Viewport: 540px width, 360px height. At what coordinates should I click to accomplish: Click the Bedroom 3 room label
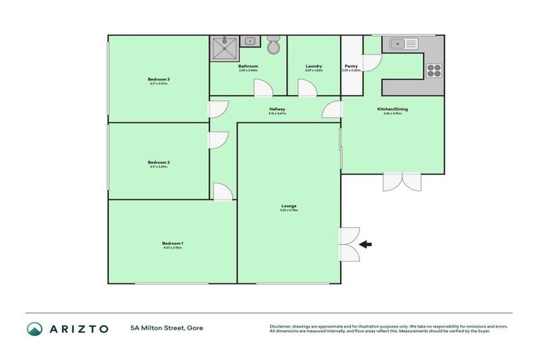point(159,79)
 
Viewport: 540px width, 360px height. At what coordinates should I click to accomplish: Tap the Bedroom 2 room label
point(159,162)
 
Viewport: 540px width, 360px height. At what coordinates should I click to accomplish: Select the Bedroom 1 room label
point(172,243)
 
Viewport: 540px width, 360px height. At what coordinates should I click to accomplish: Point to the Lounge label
point(289,206)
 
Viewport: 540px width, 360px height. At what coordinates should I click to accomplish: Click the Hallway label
point(276,109)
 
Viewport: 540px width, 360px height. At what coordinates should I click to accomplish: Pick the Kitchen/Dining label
point(392,109)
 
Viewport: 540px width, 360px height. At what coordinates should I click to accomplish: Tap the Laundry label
point(314,66)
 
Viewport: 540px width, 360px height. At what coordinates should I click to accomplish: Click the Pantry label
point(351,66)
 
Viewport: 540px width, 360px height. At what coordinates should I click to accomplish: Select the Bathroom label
point(248,66)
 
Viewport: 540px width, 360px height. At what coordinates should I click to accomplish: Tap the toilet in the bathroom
point(274,45)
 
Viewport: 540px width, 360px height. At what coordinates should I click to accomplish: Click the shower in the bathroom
point(224,49)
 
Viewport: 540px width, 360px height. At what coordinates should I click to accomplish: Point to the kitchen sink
point(401,44)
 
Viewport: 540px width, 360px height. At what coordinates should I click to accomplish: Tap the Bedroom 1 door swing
point(223,191)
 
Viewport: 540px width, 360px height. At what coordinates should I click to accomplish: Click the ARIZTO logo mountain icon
point(34,329)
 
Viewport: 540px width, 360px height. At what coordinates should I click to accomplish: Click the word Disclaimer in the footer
point(281,326)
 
